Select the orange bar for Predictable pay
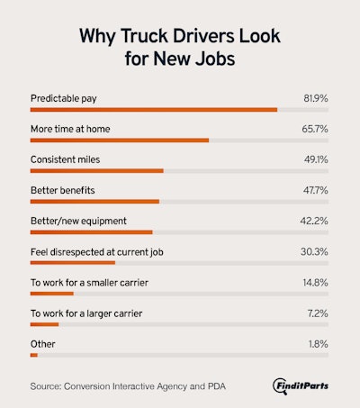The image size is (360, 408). (x=153, y=109)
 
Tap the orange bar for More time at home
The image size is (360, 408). (x=119, y=140)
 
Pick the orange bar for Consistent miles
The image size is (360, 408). (x=96, y=170)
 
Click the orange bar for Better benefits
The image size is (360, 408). (x=94, y=201)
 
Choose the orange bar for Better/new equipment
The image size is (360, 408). (x=91, y=231)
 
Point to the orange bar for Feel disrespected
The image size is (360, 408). (x=72, y=262)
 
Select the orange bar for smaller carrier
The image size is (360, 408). (x=51, y=293)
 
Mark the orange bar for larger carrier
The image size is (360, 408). (x=43, y=323)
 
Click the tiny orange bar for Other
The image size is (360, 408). (x=33, y=355)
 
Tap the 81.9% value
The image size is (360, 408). (x=316, y=97)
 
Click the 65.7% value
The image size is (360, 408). (x=316, y=128)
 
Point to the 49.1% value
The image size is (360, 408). (x=316, y=159)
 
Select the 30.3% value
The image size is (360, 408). (x=316, y=251)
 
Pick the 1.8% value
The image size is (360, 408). (x=319, y=343)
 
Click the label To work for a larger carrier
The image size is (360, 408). (x=86, y=313)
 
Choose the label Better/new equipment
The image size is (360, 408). (x=78, y=221)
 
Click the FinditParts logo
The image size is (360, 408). (x=301, y=385)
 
